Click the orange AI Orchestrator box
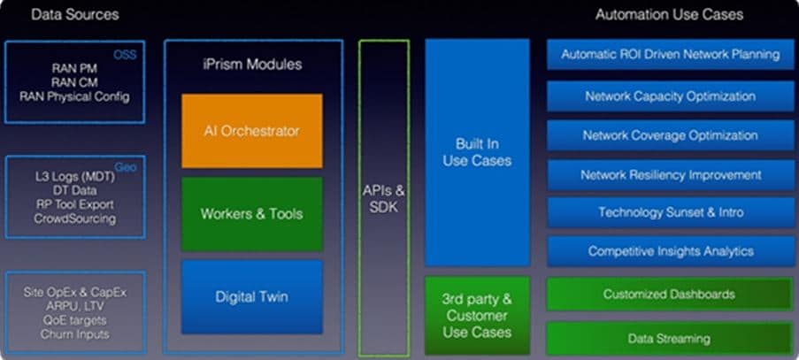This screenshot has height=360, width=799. (252, 131)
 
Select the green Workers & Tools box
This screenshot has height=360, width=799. (252, 213)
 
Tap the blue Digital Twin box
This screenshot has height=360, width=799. (252, 296)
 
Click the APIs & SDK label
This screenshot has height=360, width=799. (384, 197)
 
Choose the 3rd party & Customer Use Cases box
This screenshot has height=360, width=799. (477, 316)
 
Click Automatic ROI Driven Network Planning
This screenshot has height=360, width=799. (670, 54)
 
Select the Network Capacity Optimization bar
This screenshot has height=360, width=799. (670, 96)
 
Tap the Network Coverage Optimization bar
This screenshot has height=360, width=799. (670, 135)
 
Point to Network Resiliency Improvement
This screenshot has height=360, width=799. (670, 174)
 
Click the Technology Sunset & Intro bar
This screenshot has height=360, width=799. (670, 212)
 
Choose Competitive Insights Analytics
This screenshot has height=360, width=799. (670, 251)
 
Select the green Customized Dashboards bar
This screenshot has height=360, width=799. (669, 294)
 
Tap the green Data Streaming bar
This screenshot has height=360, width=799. (669, 338)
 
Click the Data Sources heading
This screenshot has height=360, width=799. (74, 15)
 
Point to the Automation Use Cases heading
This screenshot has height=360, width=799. (669, 15)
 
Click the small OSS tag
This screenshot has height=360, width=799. (125, 55)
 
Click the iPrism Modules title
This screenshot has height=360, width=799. (252, 65)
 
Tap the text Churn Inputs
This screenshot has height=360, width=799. (74, 334)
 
